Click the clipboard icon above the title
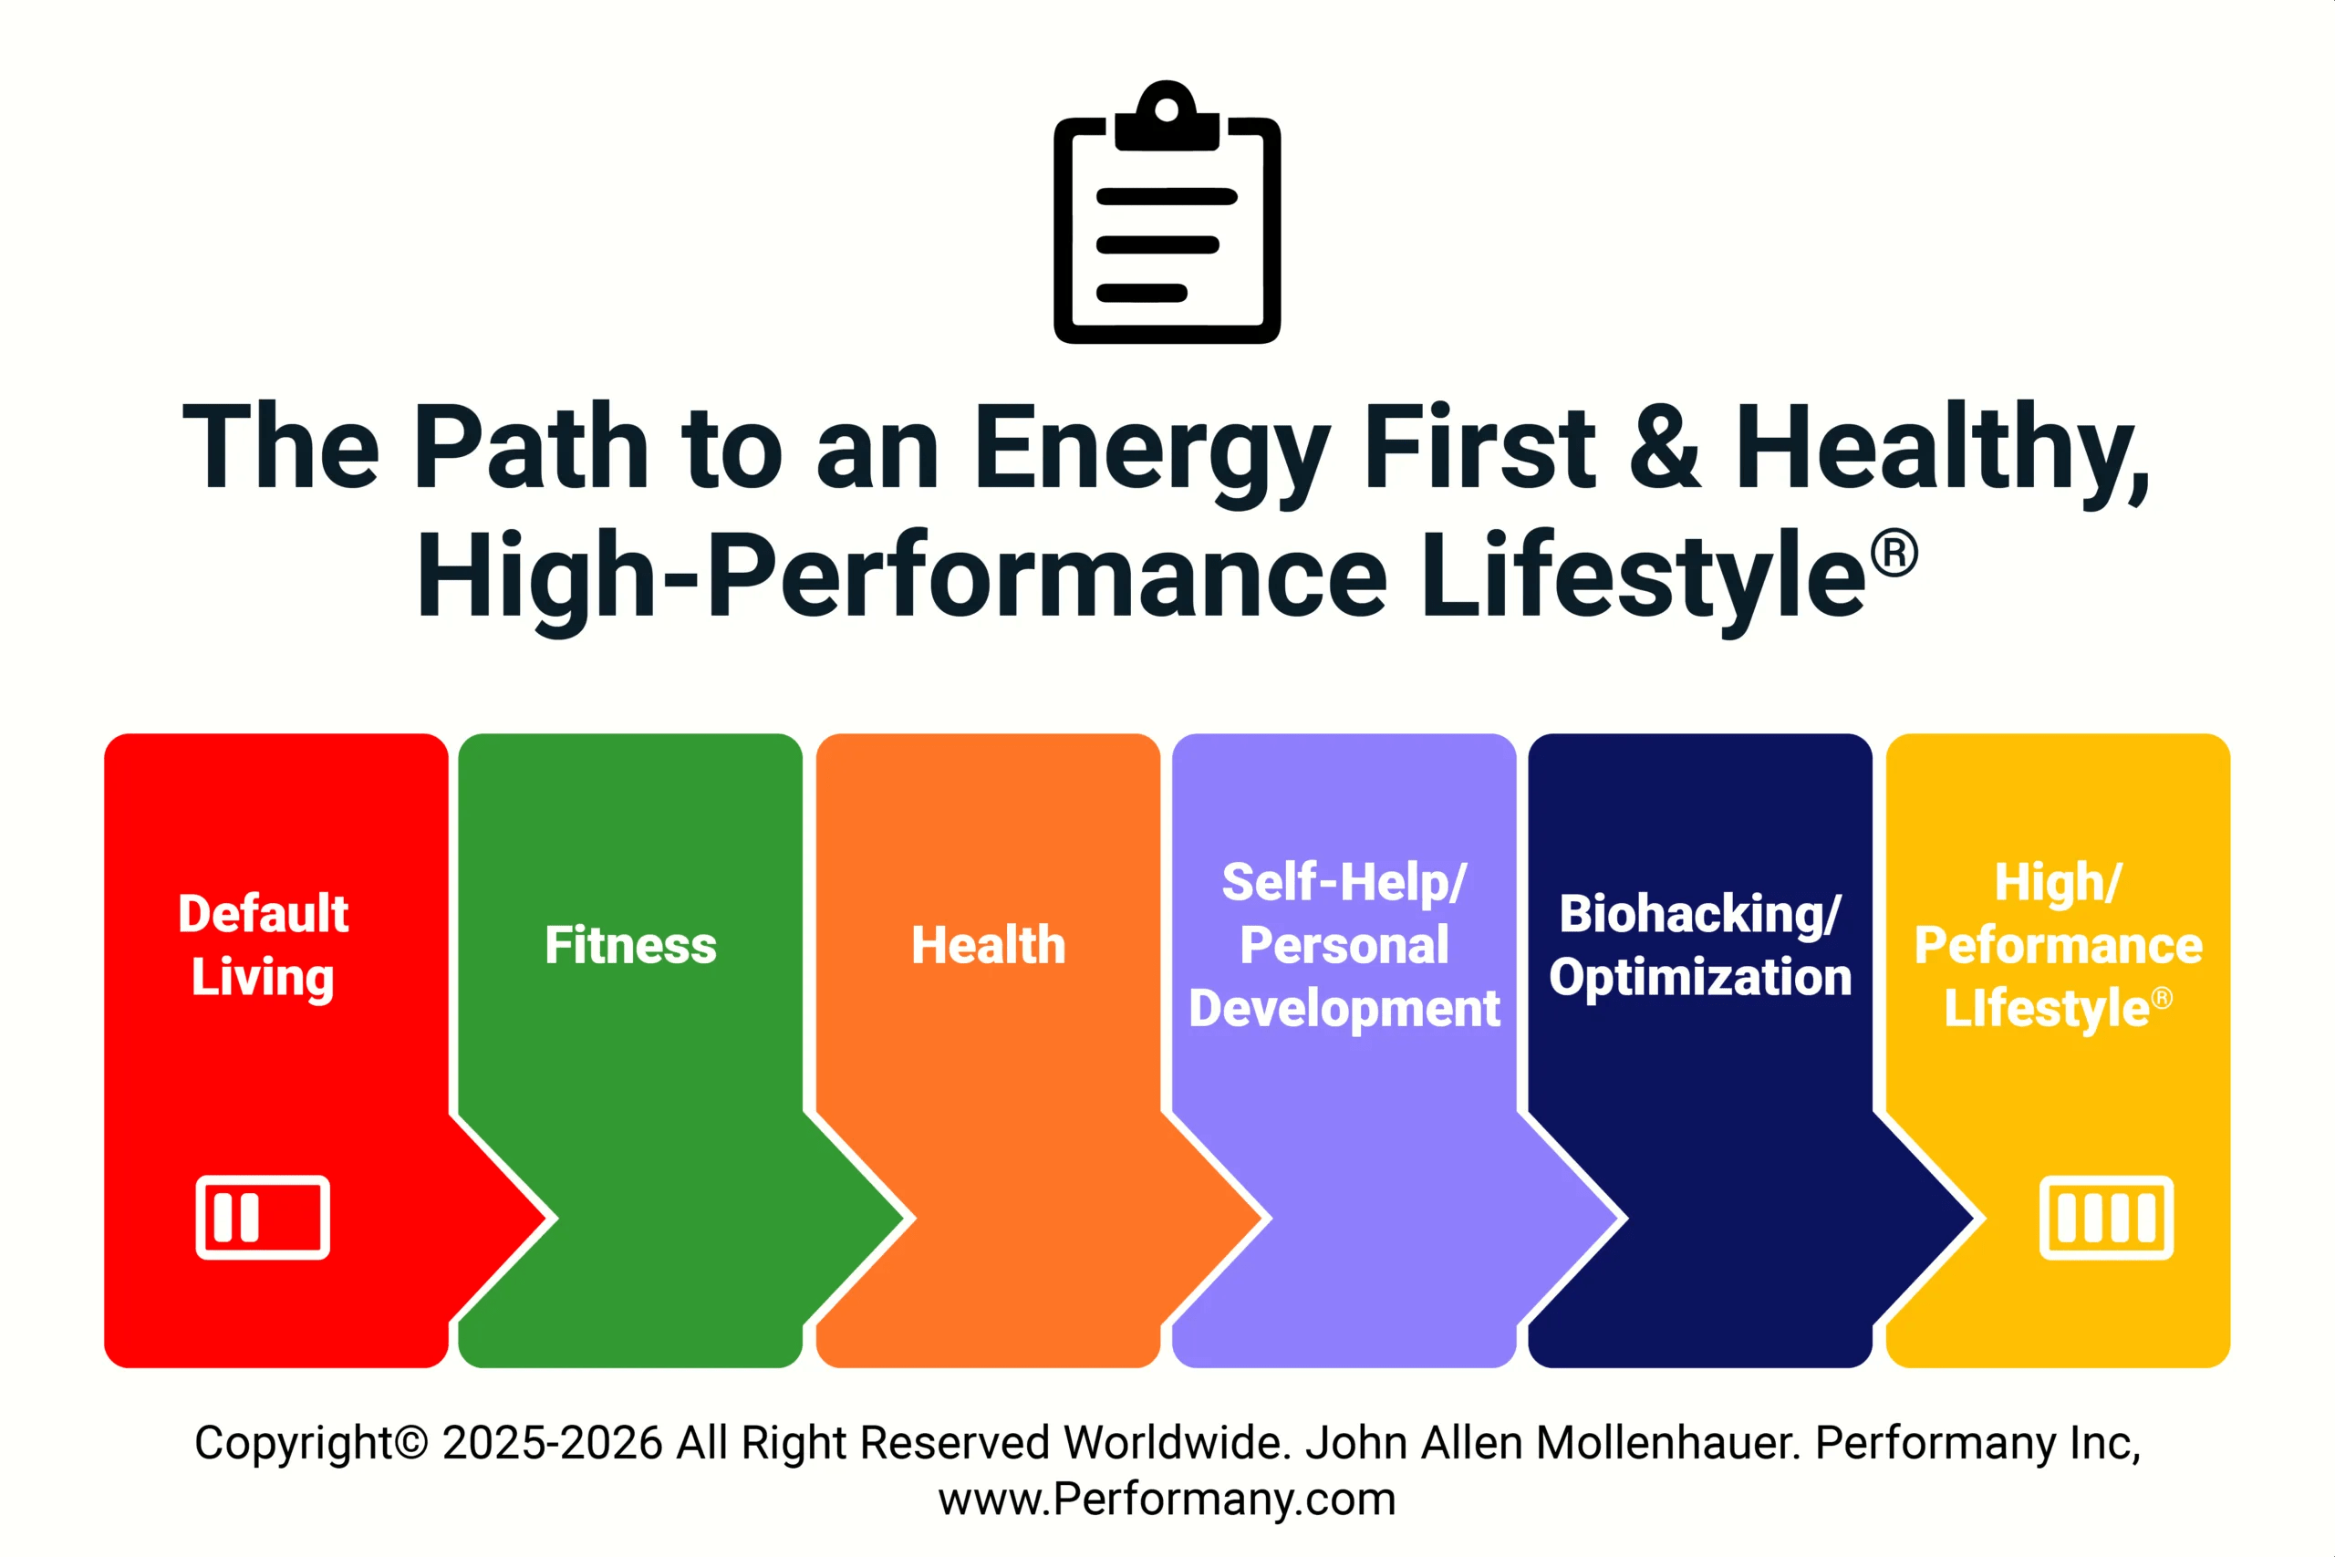(x=1167, y=213)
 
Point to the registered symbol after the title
(x=1894, y=553)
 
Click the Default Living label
(x=263, y=944)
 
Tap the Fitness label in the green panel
(x=630, y=945)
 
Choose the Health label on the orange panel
(x=989, y=945)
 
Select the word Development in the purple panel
(x=1344, y=1009)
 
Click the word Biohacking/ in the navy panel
(x=1699, y=914)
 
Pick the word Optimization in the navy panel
(x=1699, y=977)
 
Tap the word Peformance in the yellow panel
(x=2058, y=945)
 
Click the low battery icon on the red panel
(x=263, y=1218)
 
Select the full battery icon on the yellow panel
(x=2107, y=1218)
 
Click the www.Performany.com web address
(x=1167, y=1500)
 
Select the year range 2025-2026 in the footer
(x=552, y=1443)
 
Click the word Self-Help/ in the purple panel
(x=1344, y=882)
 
